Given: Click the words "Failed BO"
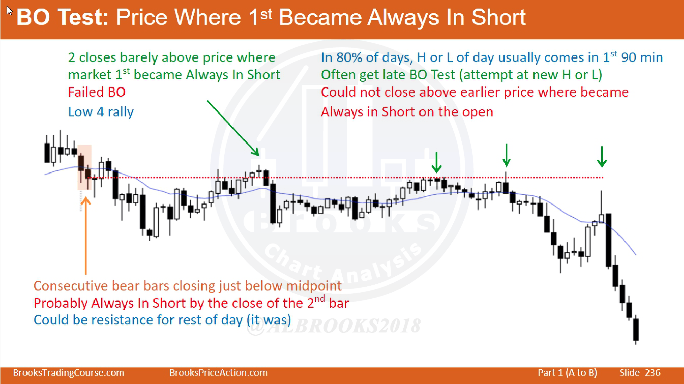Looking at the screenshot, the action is pyautogui.click(x=97, y=92).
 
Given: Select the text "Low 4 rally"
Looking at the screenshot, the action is pyautogui.click(x=101, y=112).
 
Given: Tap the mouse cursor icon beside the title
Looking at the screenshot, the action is pyautogui.click(x=10, y=11).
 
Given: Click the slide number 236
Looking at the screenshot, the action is pyautogui.click(x=653, y=373).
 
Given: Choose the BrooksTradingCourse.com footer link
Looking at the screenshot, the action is pyautogui.click(x=69, y=373).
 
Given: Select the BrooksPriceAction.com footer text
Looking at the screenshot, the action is pyautogui.click(x=218, y=373).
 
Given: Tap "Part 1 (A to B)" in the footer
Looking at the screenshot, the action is pyautogui.click(x=567, y=373).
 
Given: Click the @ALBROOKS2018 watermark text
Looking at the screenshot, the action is pyautogui.click(x=334, y=325).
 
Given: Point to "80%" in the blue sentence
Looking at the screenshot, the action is pyautogui.click(x=349, y=58).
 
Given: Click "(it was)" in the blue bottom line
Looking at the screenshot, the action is pyautogui.click(x=269, y=320).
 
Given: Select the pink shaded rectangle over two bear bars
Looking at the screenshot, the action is pyautogui.click(x=84, y=167).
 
